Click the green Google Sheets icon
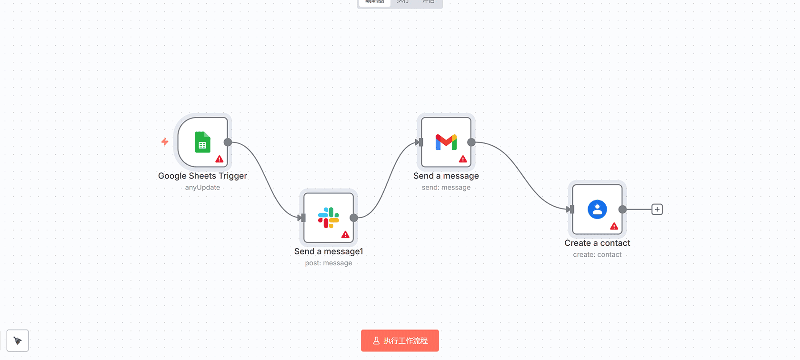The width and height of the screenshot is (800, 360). coord(202,142)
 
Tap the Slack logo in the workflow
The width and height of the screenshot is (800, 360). coord(329,218)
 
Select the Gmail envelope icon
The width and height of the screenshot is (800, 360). coord(446,142)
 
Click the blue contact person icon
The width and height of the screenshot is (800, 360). coord(597,209)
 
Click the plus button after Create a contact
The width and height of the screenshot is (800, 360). coord(657,210)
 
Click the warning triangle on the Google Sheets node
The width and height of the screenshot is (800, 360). coord(220,159)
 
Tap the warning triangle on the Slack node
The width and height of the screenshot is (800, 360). coord(346,235)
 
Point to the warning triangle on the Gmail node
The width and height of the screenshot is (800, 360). coord(463,159)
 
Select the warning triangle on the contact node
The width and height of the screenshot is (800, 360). coord(614,226)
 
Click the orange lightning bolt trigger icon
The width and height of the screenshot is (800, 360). coord(165,141)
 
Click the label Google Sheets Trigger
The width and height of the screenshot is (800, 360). coord(202,176)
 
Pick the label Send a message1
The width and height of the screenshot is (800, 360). coord(329,251)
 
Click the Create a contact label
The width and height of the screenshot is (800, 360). coord(597,243)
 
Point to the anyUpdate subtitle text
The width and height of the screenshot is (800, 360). coord(202,188)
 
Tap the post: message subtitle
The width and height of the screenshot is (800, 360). coord(329,263)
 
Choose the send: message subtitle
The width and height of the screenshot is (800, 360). coord(446,188)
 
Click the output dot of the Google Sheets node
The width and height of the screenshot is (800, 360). coord(228,142)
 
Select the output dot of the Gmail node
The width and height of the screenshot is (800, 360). coord(471,142)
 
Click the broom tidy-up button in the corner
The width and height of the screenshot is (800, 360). coord(18,340)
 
